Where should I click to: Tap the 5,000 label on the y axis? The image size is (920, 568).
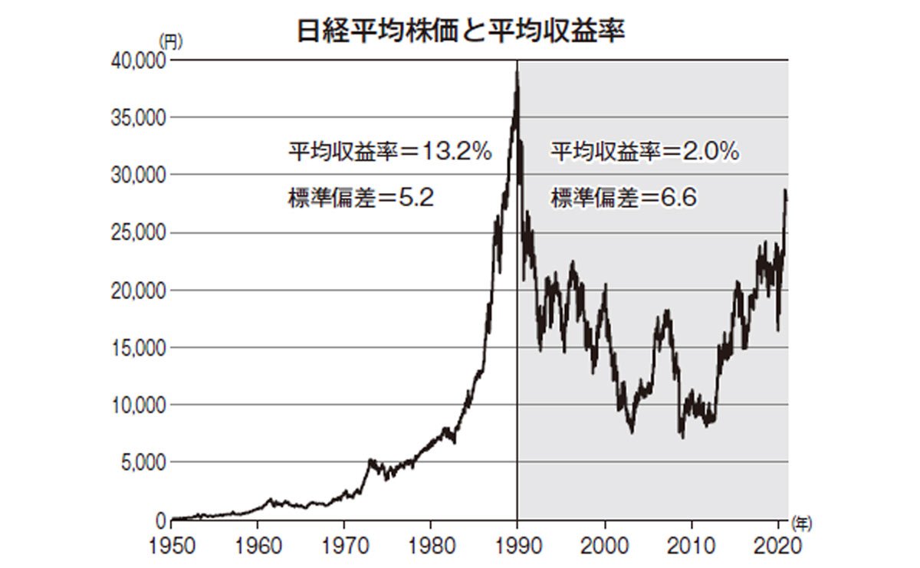(x=142, y=462)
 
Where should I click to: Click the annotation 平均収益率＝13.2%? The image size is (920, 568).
(x=389, y=152)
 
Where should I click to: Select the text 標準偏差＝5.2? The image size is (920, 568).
(x=361, y=199)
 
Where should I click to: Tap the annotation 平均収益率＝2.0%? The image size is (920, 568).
(x=645, y=152)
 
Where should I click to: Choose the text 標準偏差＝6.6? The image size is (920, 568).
(x=623, y=199)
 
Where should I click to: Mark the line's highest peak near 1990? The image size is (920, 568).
(x=517, y=71)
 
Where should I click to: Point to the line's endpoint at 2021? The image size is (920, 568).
(x=787, y=196)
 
